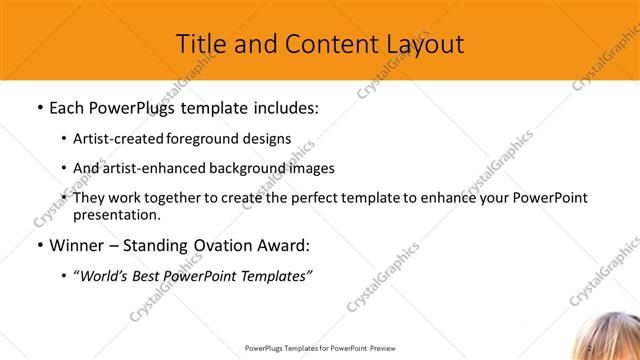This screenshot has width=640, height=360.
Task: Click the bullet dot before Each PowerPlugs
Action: click(x=39, y=106)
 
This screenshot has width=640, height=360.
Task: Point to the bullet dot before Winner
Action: click(x=39, y=246)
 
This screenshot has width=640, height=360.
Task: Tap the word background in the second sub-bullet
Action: click(x=248, y=169)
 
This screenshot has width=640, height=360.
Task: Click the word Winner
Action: click(x=76, y=246)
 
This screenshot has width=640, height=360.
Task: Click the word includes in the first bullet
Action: click(x=283, y=106)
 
